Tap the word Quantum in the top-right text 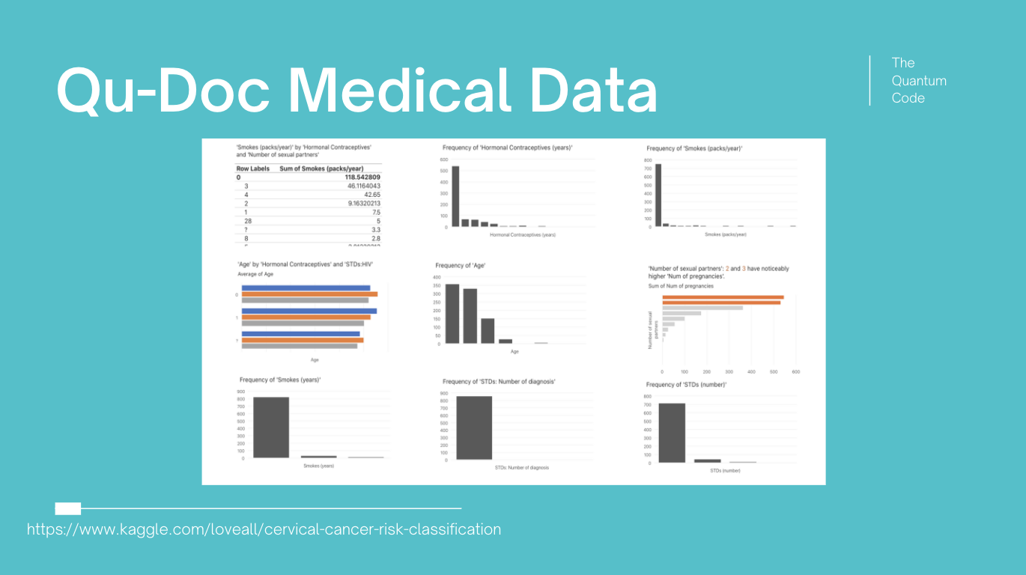[919, 80]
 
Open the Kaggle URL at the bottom [264, 529]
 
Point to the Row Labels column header [253, 169]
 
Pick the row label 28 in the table [248, 221]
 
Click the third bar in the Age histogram [488, 331]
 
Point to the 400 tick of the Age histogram [437, 278]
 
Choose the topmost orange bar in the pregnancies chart [723, 297]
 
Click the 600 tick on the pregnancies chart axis [796, 371]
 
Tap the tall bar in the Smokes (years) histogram [271, 427]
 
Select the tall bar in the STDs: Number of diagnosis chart [474, 428]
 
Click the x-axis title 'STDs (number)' [725, 470]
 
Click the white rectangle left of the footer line [68, 509]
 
